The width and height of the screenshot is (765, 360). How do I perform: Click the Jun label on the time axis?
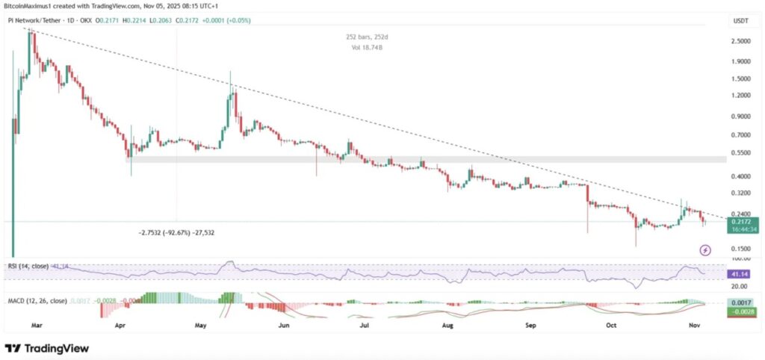click(283, 326)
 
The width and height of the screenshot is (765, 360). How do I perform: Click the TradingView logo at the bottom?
click(46, 348)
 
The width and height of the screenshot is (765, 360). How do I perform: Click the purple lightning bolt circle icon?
click(704, 249)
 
